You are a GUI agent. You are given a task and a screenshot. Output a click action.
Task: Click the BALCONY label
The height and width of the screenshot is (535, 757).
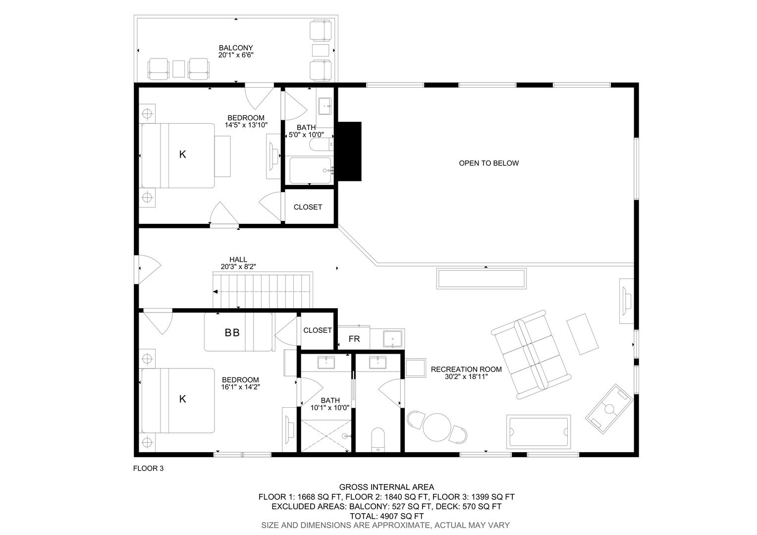pyautogui.click(x=235, y=48)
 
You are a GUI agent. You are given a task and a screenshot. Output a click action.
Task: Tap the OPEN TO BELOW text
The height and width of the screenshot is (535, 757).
pyautogui.click(x=488, y=163)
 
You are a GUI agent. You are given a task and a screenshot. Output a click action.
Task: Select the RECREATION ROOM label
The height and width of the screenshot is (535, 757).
pyautogui.click(x=466, y=370)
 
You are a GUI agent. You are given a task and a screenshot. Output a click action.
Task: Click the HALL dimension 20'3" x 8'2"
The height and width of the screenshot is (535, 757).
pyautogui.click(x=238, y=267)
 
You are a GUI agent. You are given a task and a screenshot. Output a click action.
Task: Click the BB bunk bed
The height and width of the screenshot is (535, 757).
pyautogui.click(x=238, y=332)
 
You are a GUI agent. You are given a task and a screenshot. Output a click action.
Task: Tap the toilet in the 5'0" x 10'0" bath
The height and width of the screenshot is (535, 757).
pyautogui.click(x=321, y=144)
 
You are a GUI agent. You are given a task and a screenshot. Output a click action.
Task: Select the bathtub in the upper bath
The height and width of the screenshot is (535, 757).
pyautogui.click(x=310, y=171)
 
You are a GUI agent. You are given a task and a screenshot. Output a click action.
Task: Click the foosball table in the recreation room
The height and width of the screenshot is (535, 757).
pyautogui.click(x=609, y=409)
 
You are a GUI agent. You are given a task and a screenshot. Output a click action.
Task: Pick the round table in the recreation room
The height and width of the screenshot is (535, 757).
pyautogui.click(x=437, y=427)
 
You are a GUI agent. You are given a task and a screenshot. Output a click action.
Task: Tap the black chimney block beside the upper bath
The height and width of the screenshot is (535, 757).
pyautogui.click(x=349, y=152)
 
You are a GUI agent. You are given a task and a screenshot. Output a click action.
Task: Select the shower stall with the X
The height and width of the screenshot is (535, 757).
pyautogui.click(x=326, y=436)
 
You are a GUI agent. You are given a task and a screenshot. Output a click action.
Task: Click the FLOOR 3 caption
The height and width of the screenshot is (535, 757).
pyautogui.click(x=148, y=469)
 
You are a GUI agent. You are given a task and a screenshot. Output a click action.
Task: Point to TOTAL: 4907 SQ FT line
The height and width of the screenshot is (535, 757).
pyautogui.click(x=386, y=516)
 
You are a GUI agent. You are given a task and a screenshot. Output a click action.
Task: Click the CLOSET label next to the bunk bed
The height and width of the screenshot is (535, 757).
pyautogui.click(x=318, y=330)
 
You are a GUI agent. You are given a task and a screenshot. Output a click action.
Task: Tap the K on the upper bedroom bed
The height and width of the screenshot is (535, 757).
pyautogui.click(x=182, y=155)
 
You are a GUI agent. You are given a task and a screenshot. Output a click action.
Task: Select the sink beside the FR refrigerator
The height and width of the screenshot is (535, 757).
pyautogui.click(x=393, y=339)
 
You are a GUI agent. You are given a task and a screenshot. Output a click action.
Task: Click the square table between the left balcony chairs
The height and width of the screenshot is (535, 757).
pyautogui.click(x=179, y=68)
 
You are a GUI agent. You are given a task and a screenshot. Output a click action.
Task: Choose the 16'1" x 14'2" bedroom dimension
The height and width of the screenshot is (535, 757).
pyautogui.click(x=241, y=387)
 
